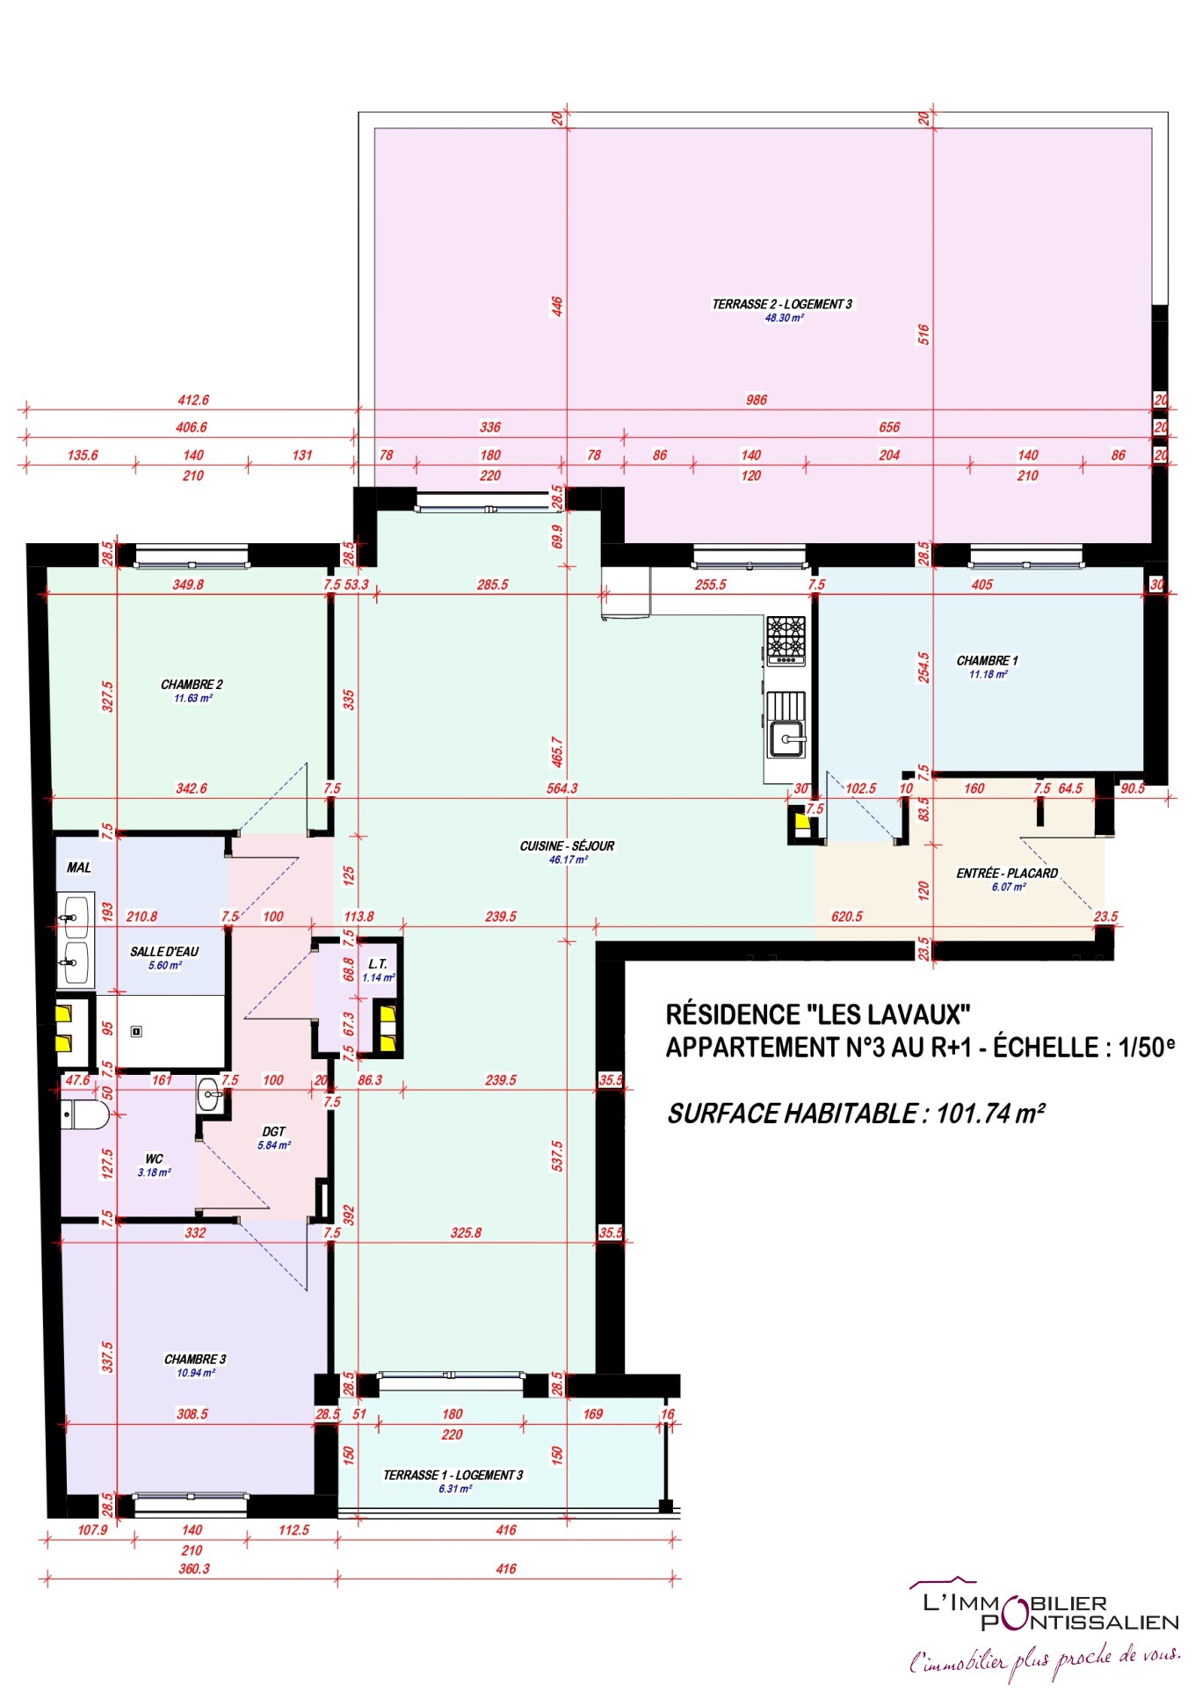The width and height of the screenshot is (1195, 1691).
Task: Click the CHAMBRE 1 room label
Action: coord(987,661)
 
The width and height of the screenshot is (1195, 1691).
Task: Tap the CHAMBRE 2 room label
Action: coord(192,685)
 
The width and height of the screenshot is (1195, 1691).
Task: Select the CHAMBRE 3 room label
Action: coord(195,1360)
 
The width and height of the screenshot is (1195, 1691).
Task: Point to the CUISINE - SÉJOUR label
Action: coord(567,846)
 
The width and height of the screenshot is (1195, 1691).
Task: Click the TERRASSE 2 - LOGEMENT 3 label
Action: coord(782,304)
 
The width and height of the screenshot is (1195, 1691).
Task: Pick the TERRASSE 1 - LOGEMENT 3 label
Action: coord(453,1475)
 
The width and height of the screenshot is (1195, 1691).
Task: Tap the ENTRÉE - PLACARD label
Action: coord(1007,874)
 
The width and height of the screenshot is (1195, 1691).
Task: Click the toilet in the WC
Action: coord(84,1116)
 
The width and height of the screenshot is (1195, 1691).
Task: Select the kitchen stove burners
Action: coord(786,640)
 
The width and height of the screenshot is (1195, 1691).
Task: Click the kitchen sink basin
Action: coord(787,738)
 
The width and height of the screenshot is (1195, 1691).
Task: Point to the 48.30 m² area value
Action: coord(784,318)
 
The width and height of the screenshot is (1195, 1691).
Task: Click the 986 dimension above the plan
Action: coord(757,400)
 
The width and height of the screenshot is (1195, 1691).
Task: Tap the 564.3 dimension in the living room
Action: coord(562,788)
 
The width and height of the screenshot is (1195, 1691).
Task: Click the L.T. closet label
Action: coord(378,964)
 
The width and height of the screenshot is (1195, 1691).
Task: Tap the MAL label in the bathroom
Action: coord(79,867)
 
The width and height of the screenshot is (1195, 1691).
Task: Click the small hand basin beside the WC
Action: coord(211,1094)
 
